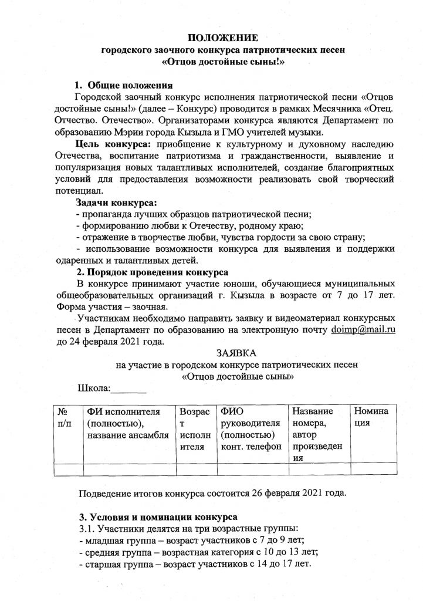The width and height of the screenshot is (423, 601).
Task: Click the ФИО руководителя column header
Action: point(250,429)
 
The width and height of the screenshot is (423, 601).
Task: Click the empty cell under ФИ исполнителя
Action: point(129,469)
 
